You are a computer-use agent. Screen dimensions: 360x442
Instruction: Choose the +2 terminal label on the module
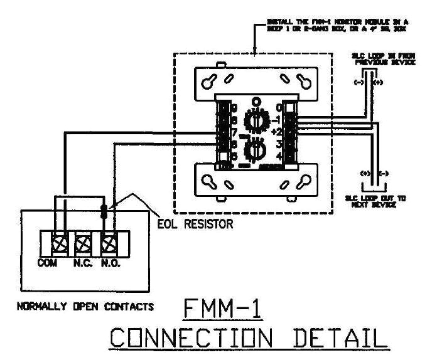pos(277,132)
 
